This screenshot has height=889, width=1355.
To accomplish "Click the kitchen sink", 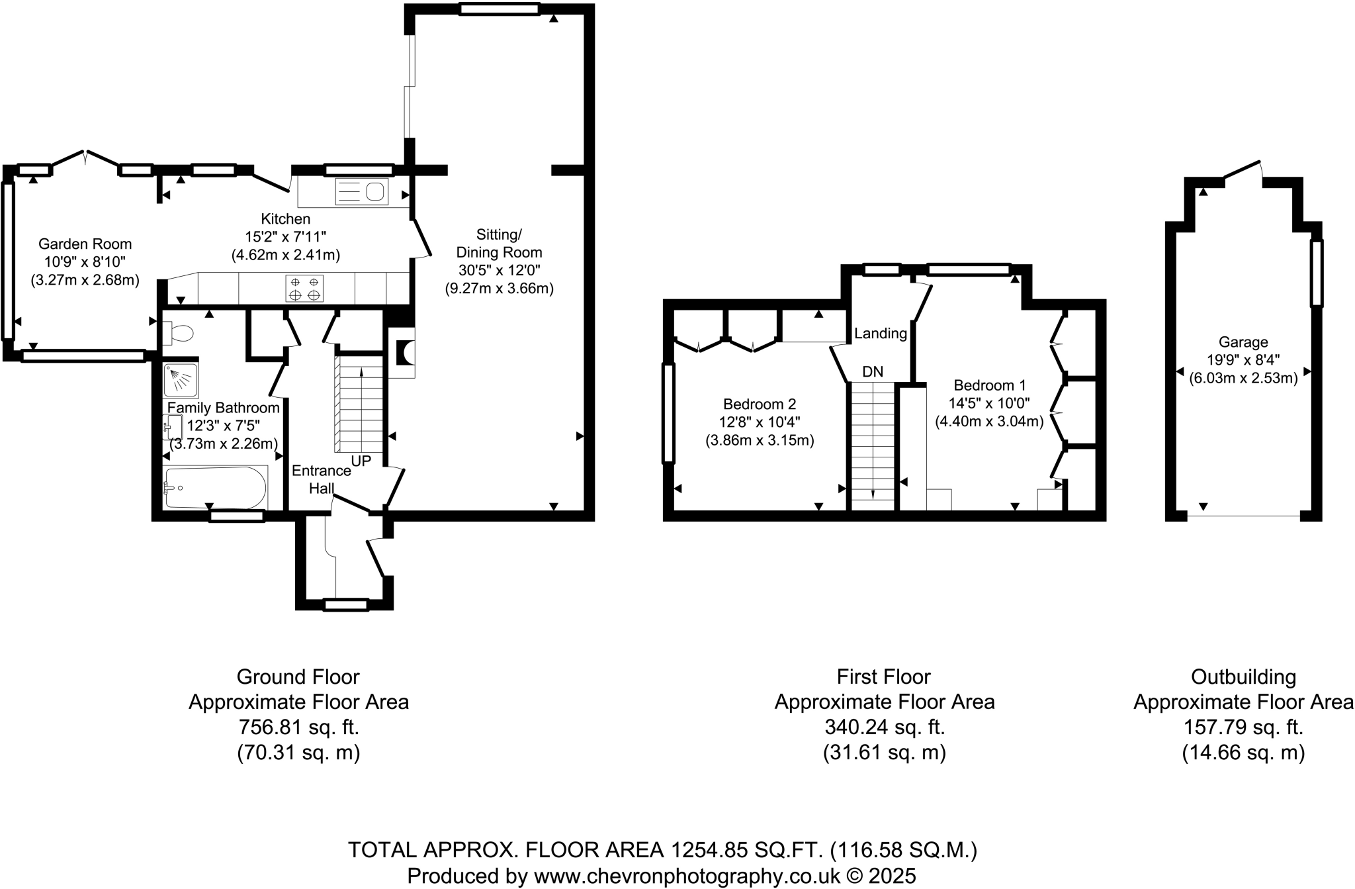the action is click(361, 192).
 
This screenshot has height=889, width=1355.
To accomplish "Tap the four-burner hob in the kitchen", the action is click(304, 288).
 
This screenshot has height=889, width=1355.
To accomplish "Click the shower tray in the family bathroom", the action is click(181, 379).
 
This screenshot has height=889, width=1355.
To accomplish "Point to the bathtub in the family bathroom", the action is click(216, 488).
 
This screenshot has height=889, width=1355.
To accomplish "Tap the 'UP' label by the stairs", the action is click(361, 460).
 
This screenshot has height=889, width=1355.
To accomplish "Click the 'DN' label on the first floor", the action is click(873, 372).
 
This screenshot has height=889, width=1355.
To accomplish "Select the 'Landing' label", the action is click(881, 333).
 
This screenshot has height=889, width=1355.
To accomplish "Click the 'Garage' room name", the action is click(1243, 342).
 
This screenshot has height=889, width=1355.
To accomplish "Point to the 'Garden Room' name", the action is click(85, 244).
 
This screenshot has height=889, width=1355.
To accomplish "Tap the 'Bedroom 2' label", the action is click(760, 404).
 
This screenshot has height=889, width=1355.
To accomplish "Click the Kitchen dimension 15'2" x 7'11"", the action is click(286, 236).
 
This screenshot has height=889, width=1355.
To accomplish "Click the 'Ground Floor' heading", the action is click(298, 677).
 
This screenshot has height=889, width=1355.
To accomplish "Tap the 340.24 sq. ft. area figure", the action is click(885, 727).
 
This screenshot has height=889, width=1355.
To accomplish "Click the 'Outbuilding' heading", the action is click(1243, 677).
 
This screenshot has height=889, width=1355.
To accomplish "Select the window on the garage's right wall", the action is click(1317, 273).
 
